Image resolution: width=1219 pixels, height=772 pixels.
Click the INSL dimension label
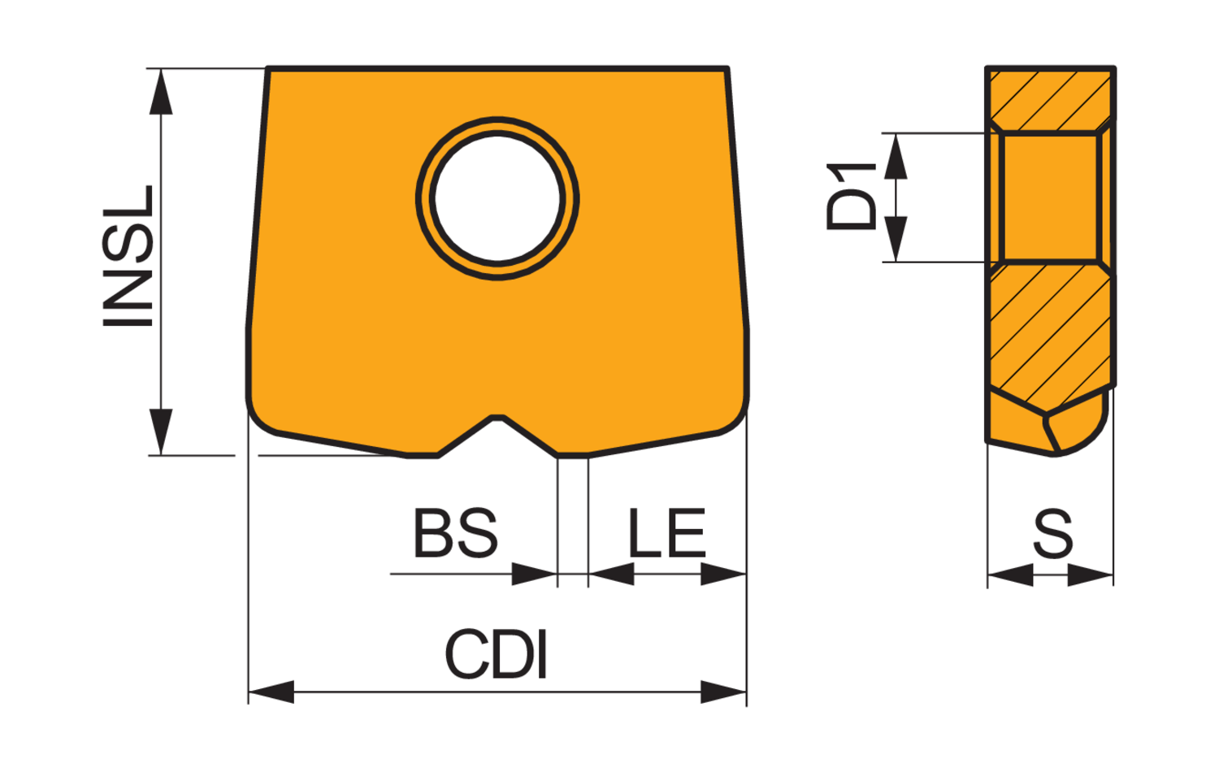(128, 256)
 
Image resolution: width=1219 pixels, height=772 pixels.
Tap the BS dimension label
(455, 533)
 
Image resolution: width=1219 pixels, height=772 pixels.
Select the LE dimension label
(666, 533)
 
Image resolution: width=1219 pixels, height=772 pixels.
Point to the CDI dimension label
(496, 654)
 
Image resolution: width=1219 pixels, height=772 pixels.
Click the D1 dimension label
(851, 197)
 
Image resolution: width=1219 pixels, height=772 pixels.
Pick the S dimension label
(1053, 534)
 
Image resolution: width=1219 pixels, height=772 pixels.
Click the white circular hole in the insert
(497, 198)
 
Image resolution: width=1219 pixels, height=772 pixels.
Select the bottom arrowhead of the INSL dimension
(161, 432)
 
